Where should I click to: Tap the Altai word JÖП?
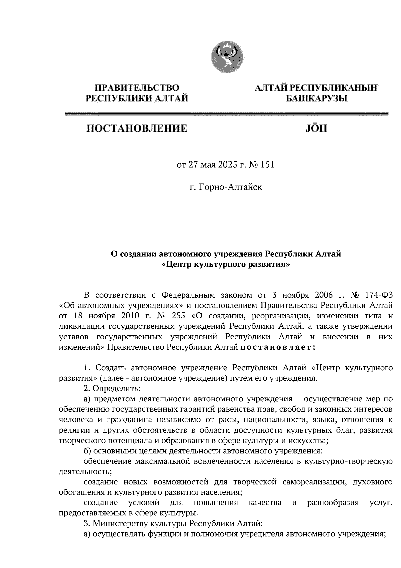coord(316,128)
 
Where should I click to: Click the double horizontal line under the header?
coord(226,114)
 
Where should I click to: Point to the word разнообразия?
coord(333,503)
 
